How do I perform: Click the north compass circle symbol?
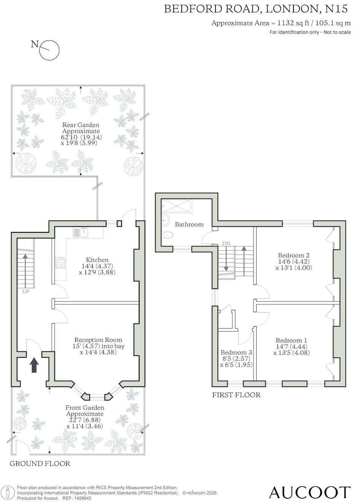click(49, 51)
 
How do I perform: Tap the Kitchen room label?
click(97, 260)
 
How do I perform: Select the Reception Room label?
click(98, 340)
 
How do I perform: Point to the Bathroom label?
click(189, 224)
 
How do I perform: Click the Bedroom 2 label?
click(293, 255)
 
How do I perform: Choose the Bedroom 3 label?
click(236, 352)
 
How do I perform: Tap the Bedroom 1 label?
click(291, 340)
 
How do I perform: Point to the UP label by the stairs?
click(25, 292)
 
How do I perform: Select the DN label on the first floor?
click(226, 243)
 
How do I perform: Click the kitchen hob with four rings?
click(60, 262)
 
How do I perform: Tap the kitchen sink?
click(80, 232)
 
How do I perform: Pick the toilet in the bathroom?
click(168, 235)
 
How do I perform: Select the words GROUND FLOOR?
click(40, 463)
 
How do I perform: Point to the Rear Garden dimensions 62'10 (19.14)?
click(81, 137)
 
